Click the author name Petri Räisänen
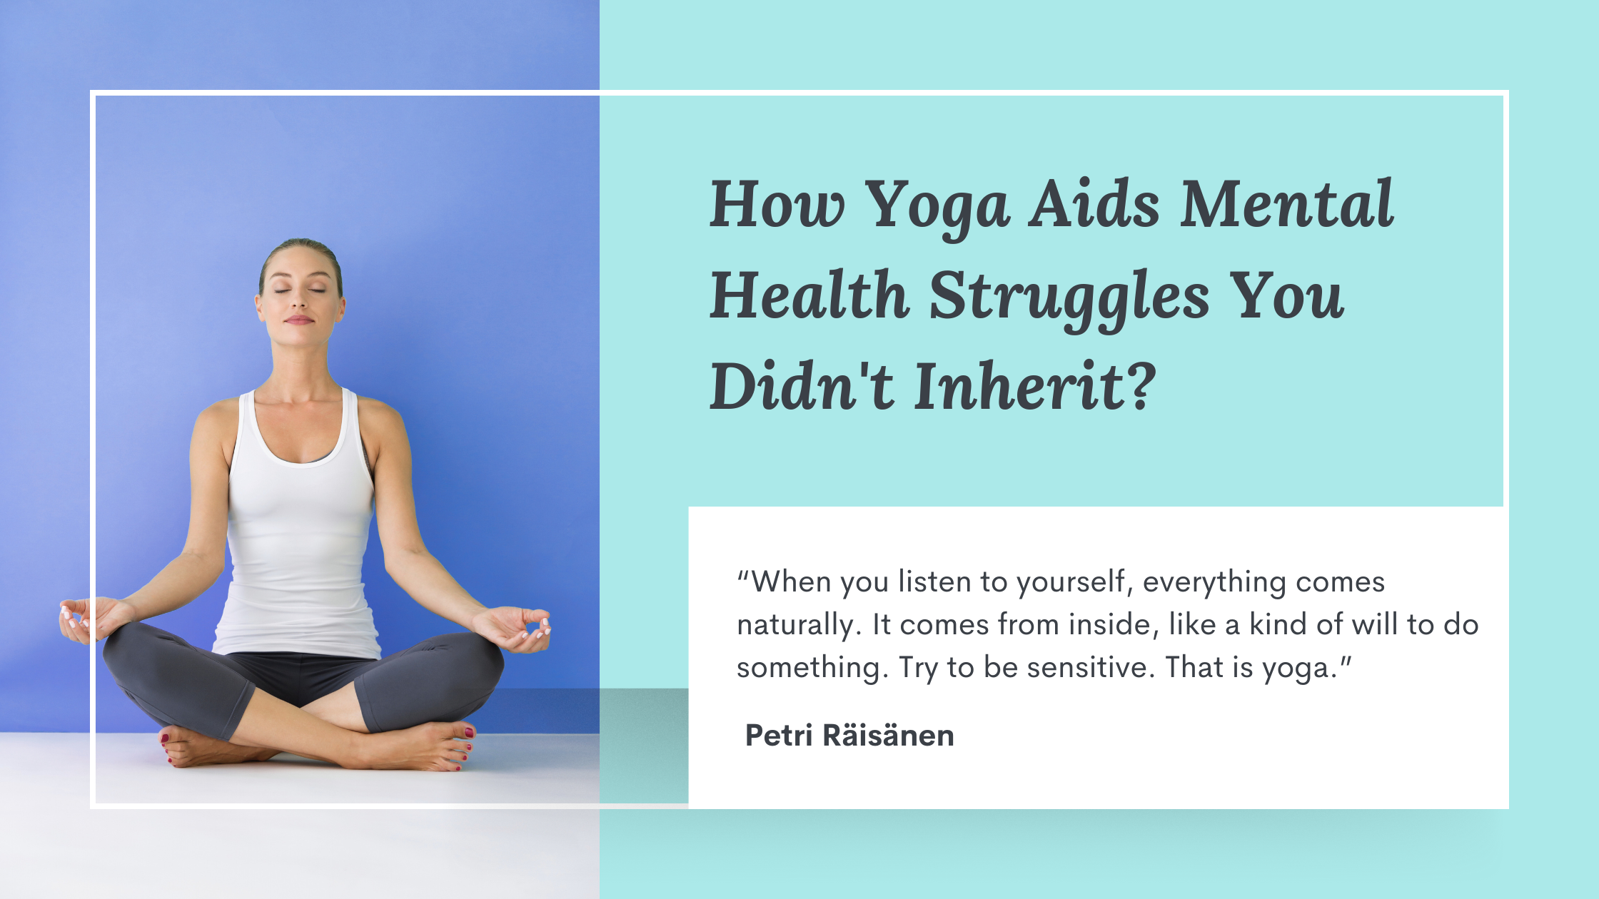(x=849, y=736)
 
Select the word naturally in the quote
(x=795, y=626)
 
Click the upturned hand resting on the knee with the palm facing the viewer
(x=518, y=628)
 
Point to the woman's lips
(x=299, y=320)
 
